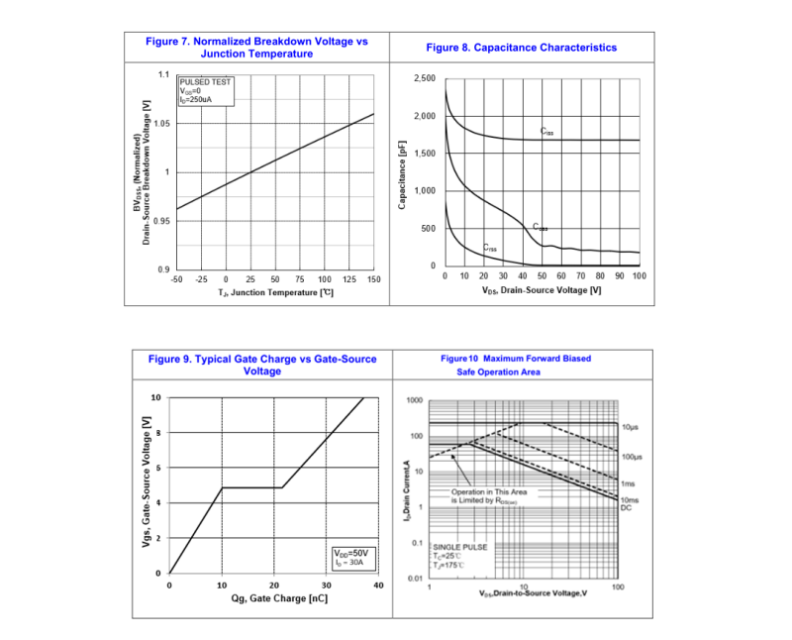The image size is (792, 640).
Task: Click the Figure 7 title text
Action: click(x=256, y=48)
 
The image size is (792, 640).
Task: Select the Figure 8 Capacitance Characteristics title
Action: click(x=521, y=48)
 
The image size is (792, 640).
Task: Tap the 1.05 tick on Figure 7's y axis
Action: click(x=161, y=124)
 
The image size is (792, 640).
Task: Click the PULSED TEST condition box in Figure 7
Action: click(x=206, y=91)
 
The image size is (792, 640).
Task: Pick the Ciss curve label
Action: click(x=547, y=131)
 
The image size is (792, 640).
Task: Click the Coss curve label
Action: click(x=541, y=228)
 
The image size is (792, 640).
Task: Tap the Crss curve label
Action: click(x=490, y=248)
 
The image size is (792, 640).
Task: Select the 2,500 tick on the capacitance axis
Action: click(x=424, y=78)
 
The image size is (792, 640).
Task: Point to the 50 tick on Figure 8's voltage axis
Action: click(x=542, y=275)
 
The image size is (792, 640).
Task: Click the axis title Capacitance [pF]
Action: click(x=403, y=173)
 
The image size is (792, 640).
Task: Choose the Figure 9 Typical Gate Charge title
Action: click(x=262, y=365)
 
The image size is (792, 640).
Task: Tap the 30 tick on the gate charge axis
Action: click(x=326, y=587)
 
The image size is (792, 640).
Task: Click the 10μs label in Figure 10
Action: click(x=632, y=426)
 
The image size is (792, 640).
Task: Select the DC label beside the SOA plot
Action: click(x=626, y=508)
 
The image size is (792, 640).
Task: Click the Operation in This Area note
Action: click(x=489, y=496)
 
